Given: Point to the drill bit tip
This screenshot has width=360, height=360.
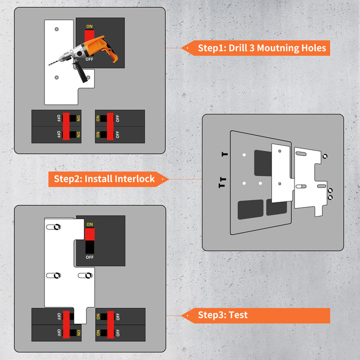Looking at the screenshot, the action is coord(49,65).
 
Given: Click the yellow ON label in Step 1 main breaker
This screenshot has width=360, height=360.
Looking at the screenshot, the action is coord(89,26).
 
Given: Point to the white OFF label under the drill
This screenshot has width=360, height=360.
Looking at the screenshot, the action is coord(89,59).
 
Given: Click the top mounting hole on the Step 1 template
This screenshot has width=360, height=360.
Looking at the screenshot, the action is coord(56,29).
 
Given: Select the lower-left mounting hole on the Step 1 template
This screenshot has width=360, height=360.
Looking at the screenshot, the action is coord(56,77).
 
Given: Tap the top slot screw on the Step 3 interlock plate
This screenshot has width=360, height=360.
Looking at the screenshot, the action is coord(56,227).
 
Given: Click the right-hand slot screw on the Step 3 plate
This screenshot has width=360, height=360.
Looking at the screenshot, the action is coord(88,275).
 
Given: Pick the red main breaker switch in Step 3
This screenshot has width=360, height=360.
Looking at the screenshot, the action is coord(89,234).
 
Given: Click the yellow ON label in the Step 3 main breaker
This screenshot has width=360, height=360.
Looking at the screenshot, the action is coord(90,224).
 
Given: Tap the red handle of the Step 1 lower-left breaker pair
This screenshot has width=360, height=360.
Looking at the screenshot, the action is coord(66,126).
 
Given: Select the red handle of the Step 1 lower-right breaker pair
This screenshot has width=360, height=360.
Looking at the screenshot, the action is coord(110,126).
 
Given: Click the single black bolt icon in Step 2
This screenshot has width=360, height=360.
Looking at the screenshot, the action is coord(225,154).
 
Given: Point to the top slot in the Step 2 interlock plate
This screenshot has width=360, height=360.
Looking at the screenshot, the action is coord(301,153).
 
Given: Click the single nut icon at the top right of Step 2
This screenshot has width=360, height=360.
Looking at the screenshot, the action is coord(325,156).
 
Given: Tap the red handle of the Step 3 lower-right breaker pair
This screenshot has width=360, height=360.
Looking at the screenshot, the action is coord(110,324).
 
